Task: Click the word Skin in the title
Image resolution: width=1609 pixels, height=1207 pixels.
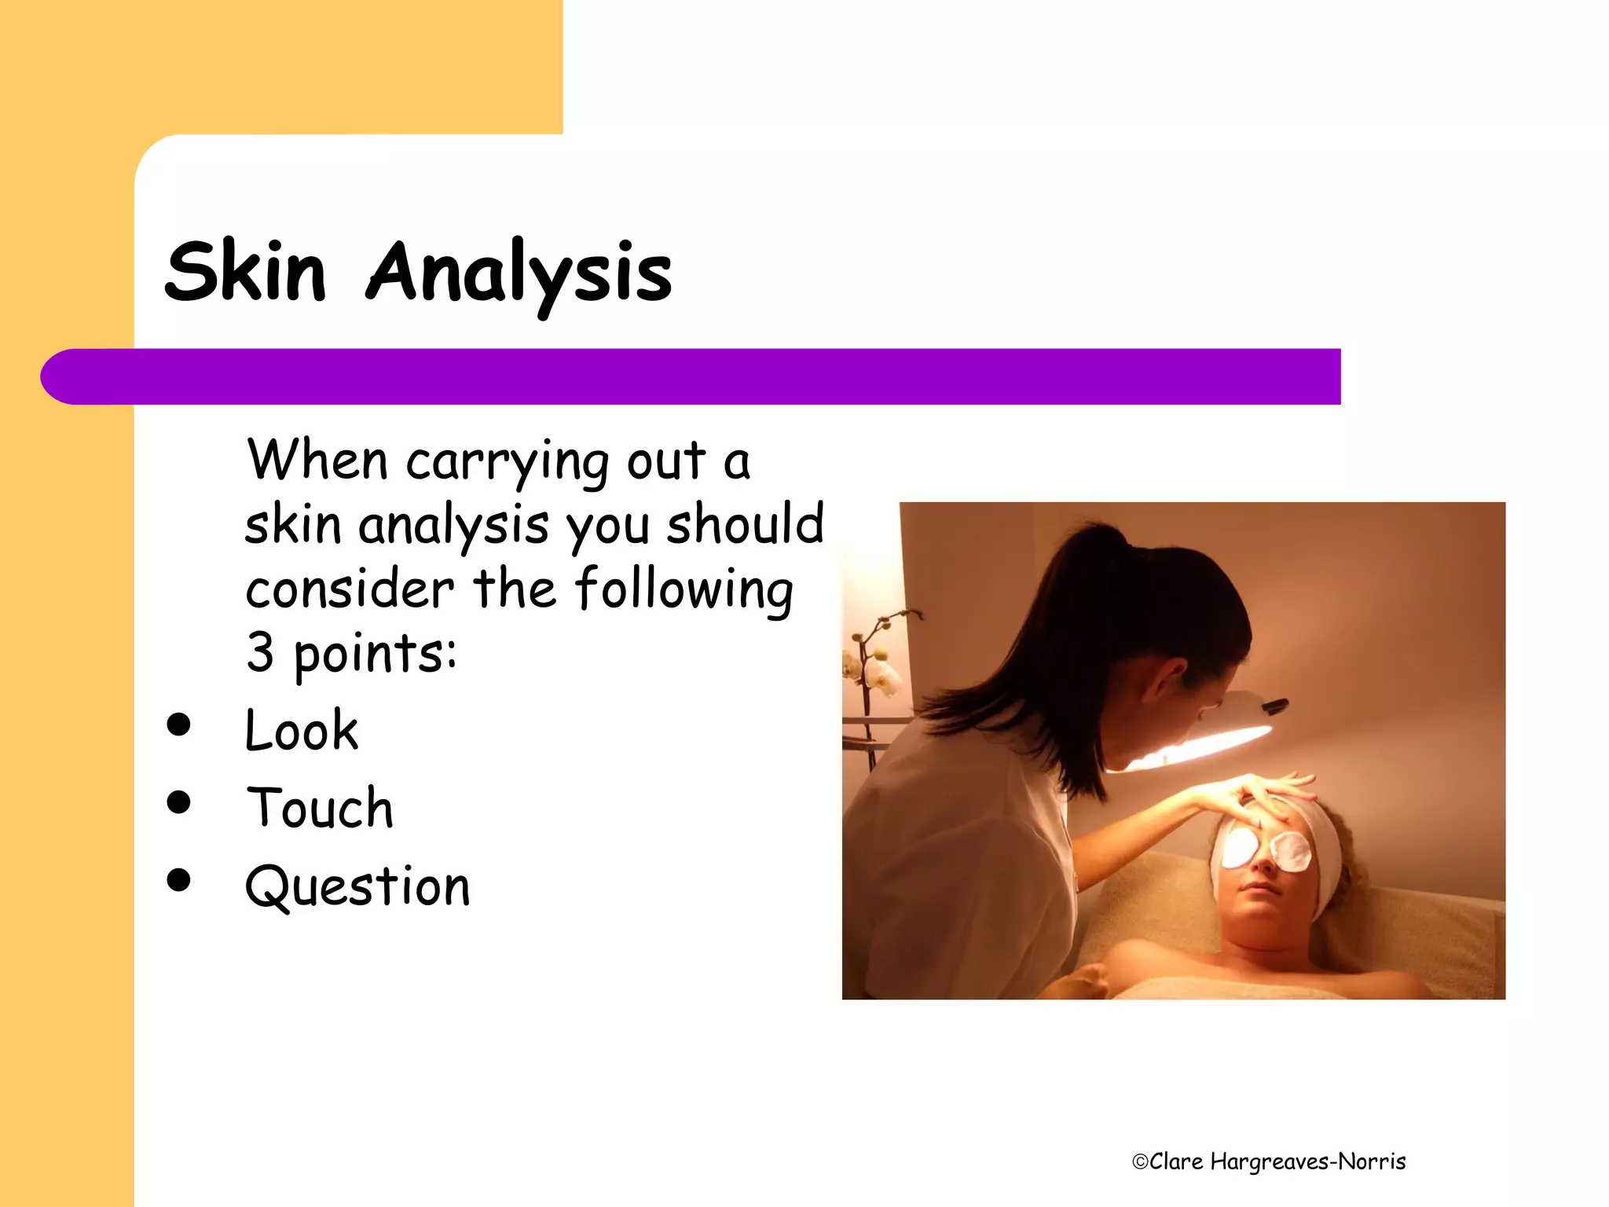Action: pyautogui.click(x=245, y=272)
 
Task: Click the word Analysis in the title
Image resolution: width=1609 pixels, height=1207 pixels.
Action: pyautogui.click(x=519, y=272)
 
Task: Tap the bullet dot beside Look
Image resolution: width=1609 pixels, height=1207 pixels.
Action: pyautogui.click(x=179, y=725)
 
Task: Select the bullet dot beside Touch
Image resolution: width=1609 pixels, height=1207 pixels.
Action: pyautogui.click(x=179, y=802)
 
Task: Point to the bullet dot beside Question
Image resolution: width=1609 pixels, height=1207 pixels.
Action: pyautogui.click(x=179, y=879)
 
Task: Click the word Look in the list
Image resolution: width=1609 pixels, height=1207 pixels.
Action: pyautogui.click(x=302, y=731)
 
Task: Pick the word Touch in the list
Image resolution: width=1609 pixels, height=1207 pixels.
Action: pyautogui.click(x=320, y=808)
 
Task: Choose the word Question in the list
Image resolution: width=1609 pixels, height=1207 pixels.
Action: pyautogui.click(x=357, y=886)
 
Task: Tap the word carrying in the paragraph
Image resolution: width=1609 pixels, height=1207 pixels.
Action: pyautogui.click(x=508, y=464)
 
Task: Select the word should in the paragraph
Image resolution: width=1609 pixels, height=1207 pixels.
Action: pyautogui.click(x=745, y=524)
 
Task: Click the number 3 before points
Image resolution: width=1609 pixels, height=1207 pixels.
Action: pyautogui.click(x=260, y=652)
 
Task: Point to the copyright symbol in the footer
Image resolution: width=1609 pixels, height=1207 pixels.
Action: pyautogui.click(x=1140, y=1162)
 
